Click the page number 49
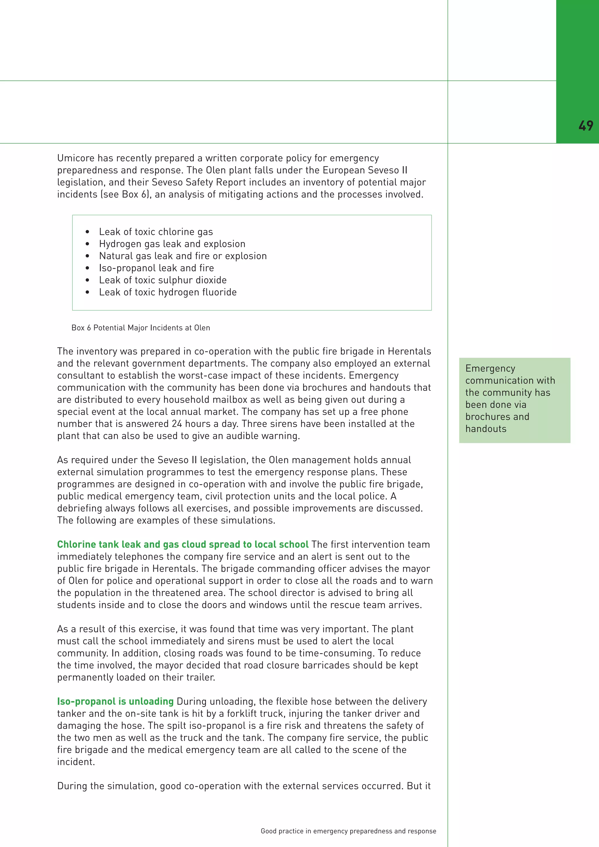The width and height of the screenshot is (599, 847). (x=586, y=126)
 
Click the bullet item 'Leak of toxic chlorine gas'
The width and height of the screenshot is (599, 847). (x=156, y=232)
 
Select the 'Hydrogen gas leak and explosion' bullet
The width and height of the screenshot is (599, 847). (x=172, y=244)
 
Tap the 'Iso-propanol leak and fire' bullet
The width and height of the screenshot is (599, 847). (x=156, y=268)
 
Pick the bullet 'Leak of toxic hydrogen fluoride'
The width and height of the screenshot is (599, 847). (x=168, y=292)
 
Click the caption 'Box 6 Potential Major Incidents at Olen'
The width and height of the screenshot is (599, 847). (x=140, y=328)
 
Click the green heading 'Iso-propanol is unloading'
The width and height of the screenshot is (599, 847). (x=115, y=701)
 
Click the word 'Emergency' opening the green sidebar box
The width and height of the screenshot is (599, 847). (x=490, y=369)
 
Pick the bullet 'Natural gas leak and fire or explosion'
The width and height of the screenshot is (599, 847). (x=183, y=256)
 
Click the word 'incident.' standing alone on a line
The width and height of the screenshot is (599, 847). (x=76, y=762)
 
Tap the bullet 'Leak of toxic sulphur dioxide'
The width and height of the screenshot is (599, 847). (x=163, y=280)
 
